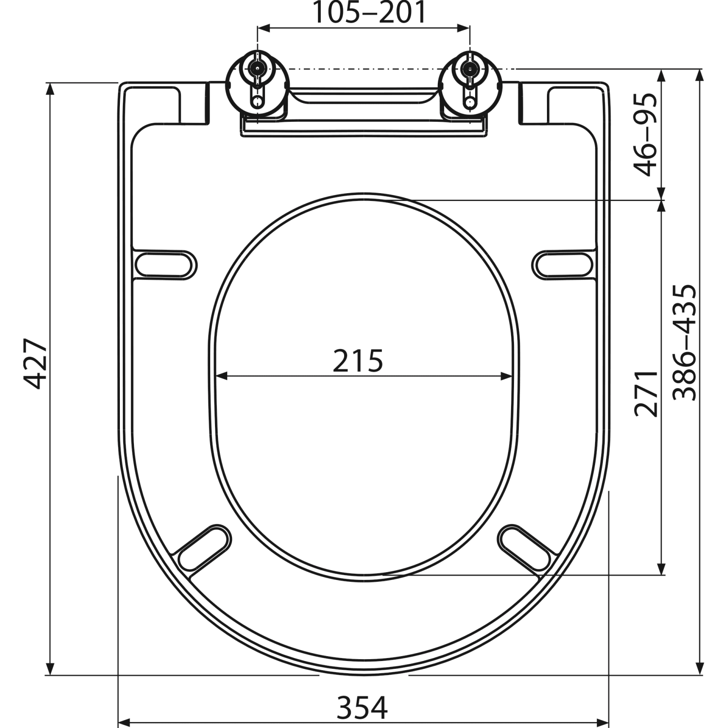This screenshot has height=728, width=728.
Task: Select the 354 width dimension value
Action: pos(363,708)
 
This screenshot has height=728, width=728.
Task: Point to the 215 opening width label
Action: pos(358,361)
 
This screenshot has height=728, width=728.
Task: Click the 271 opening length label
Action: pos(646,394)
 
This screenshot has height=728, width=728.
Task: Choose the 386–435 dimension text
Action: pos(685,343)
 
